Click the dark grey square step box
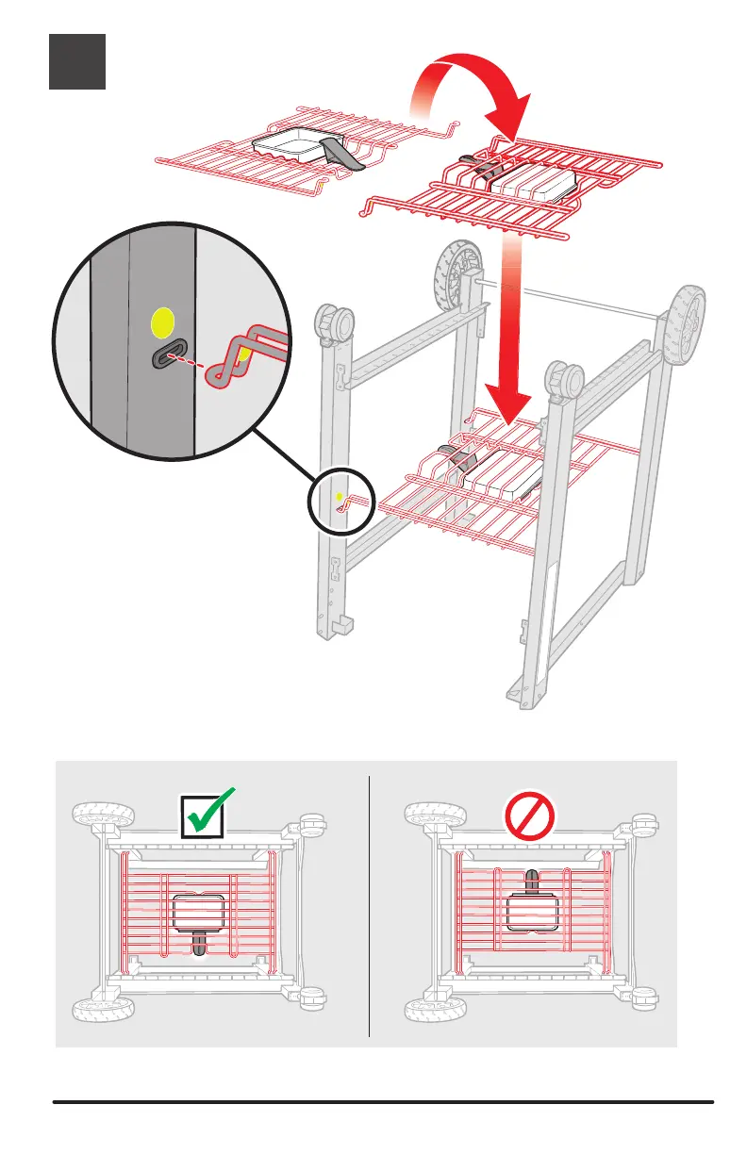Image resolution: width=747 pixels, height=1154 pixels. click(77, 62)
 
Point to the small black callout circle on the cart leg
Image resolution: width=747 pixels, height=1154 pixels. click(341, 500)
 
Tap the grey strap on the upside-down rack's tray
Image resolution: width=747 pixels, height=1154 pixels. click(341, 154)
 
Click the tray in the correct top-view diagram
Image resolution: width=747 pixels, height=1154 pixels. click(198, 912)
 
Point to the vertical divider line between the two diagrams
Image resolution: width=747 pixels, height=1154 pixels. click(369, 905)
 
